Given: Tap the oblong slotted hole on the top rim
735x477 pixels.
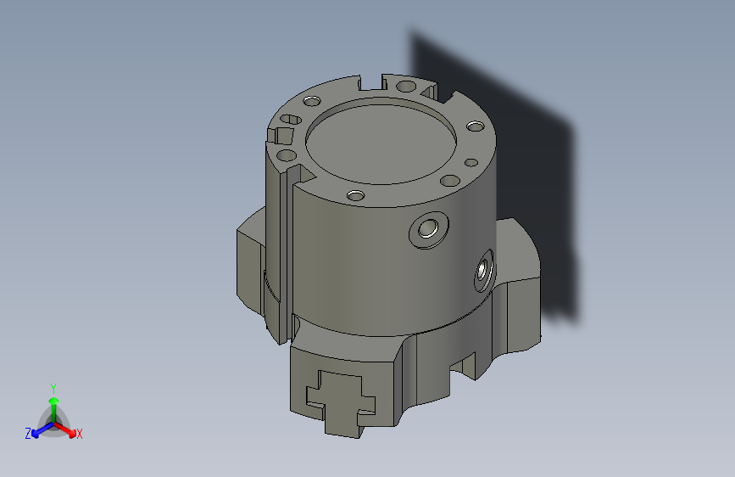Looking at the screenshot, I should click(291, 119).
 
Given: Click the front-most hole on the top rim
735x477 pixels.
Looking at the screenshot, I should click(356, 196).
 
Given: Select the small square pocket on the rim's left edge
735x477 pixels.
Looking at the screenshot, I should click(279, 136).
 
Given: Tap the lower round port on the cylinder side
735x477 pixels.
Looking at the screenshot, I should click(484, 271).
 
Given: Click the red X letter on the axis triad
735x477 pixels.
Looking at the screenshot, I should click(80, 434).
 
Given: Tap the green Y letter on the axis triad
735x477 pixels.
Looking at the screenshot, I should click(53, 386).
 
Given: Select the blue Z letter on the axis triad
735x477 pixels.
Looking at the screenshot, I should click(28, 434).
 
